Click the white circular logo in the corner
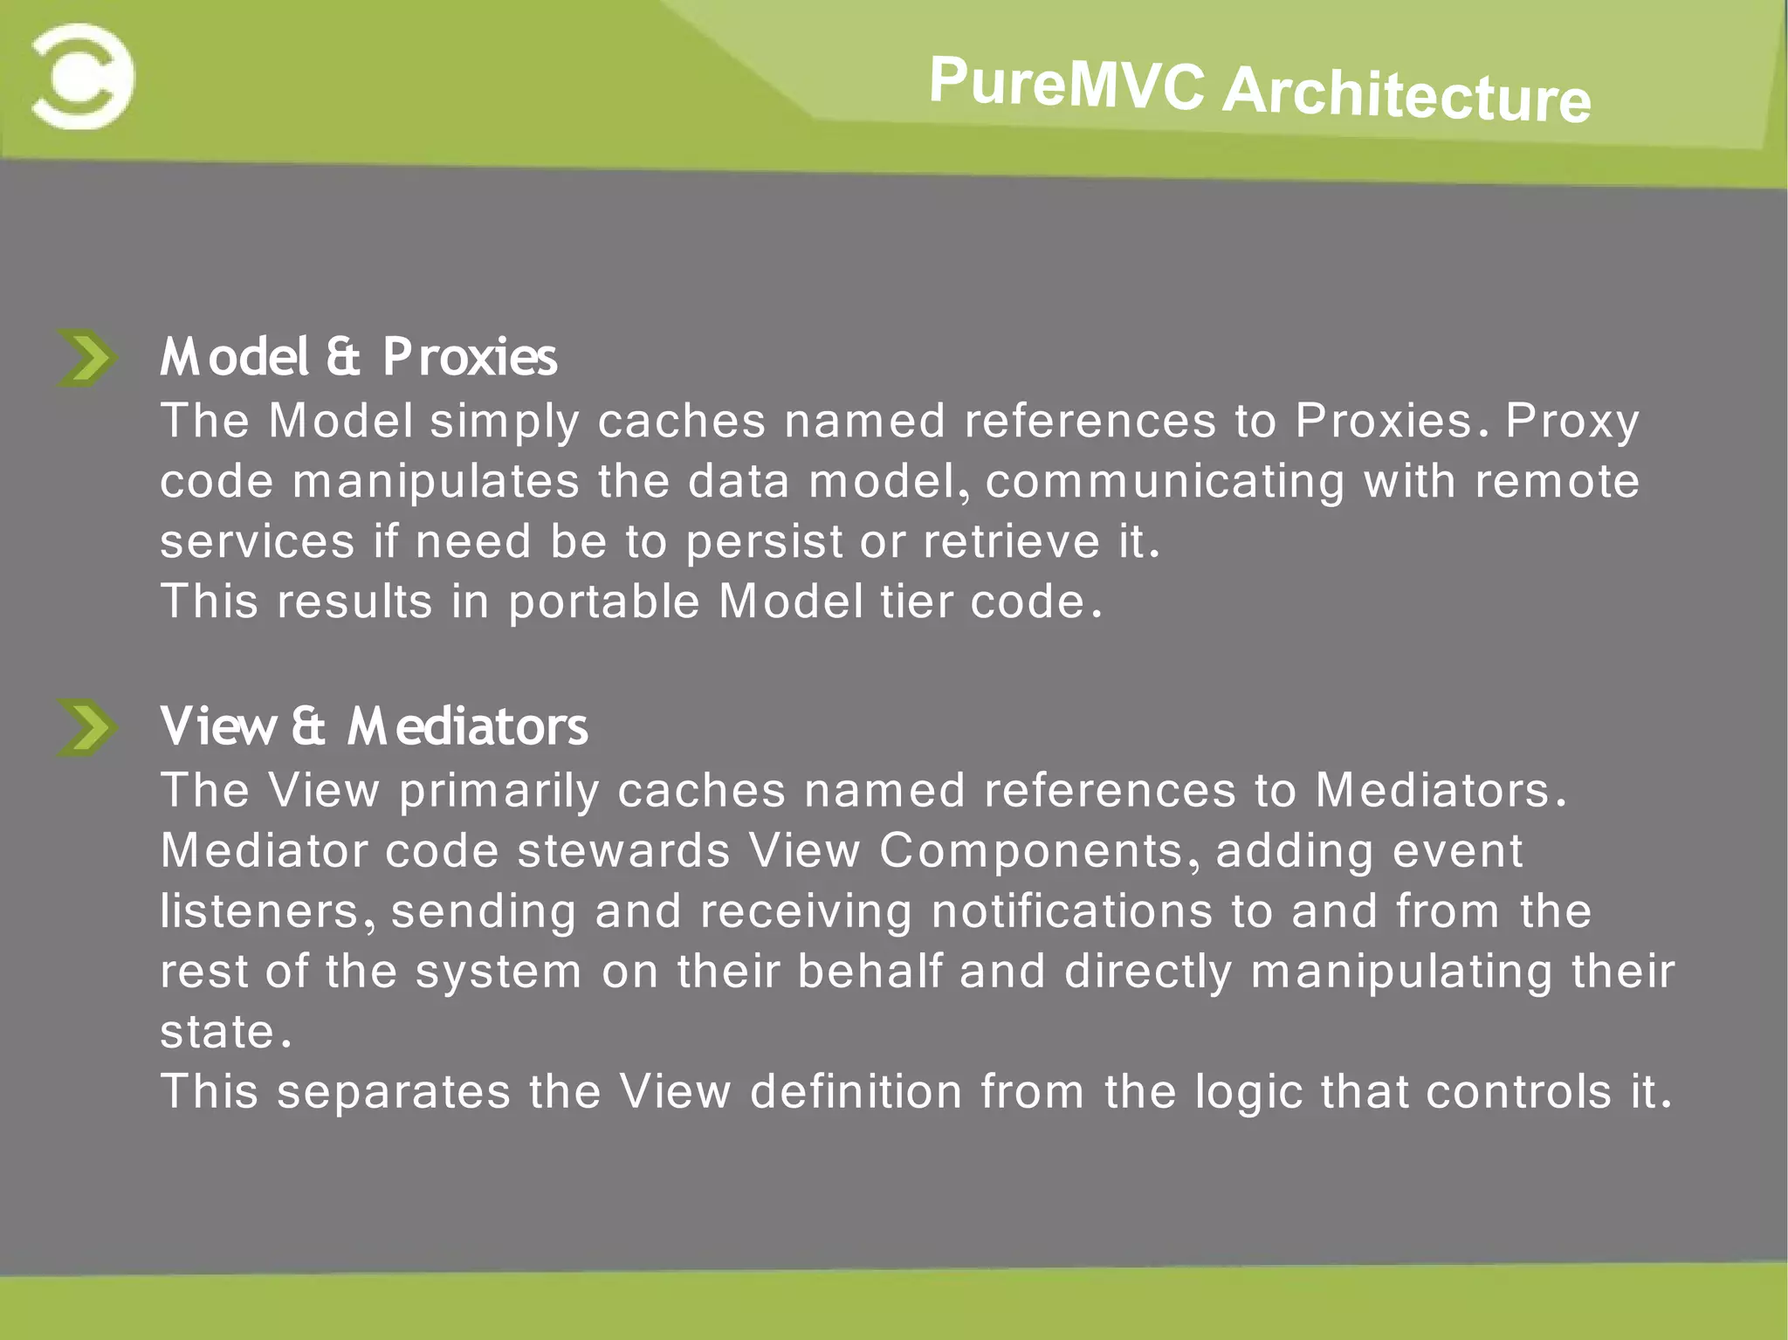83,77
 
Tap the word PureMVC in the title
1066,83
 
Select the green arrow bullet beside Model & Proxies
86,358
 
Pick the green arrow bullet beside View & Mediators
86,727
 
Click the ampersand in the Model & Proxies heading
343,357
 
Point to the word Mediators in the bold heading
467,726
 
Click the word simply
504,423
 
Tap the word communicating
1165,483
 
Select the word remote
1557,481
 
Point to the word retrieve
1011,541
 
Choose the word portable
604,602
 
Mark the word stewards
623,850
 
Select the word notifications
1071,911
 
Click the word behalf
870,971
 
